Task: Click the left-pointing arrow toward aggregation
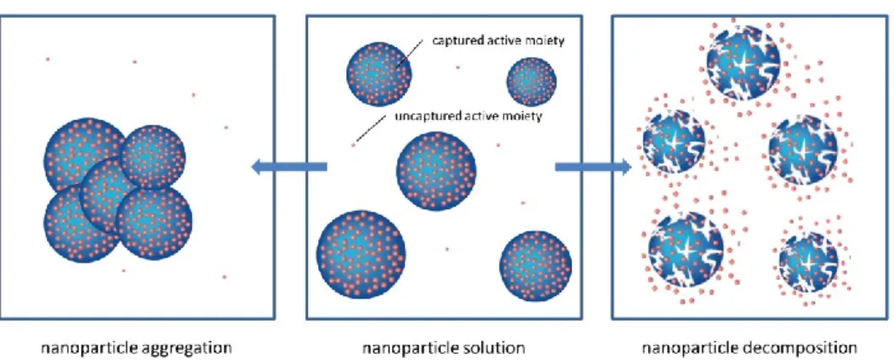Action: (x=289, y=167)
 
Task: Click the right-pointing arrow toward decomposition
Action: (x=593, y=167)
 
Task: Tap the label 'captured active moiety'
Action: (x=498, y=42)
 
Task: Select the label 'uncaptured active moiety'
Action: (x=468, y=117)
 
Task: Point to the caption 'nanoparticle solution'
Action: (x=444, y=347)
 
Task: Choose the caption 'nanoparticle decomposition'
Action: (x=749, y=347)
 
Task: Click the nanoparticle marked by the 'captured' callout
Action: (x=379, y=74)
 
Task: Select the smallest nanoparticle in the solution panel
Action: (x=532, y=82)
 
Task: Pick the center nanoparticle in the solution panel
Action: (x=436, y=170)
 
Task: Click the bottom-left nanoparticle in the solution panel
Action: (x=361, y=254)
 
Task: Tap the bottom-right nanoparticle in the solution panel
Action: (x=535, y=266)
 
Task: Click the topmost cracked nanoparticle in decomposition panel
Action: (x=743, y=63)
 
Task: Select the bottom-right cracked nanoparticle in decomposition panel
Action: (x=808, y=262)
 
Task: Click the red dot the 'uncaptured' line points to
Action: (x=353, y=145)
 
